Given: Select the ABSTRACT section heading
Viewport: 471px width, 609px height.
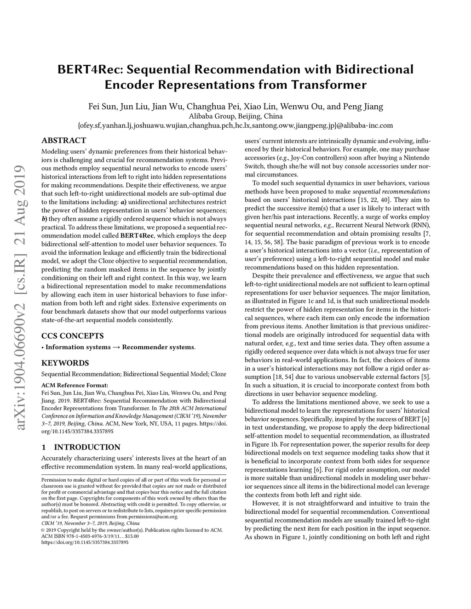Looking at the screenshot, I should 63,141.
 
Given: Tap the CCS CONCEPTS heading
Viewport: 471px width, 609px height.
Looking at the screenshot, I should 72,336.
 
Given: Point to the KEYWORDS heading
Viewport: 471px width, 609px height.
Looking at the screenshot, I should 65,363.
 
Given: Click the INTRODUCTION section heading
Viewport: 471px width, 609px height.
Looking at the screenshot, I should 87,447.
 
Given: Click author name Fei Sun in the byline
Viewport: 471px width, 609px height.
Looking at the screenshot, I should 102,107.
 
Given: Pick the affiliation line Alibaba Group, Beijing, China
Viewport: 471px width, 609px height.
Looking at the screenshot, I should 235,116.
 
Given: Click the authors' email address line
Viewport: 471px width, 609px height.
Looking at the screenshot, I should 235,125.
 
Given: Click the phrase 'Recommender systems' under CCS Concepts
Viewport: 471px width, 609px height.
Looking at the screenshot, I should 158,347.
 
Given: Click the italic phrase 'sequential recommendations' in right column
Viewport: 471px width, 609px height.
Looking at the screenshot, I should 391,191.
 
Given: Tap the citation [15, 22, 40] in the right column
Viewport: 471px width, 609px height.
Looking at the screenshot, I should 375,200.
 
